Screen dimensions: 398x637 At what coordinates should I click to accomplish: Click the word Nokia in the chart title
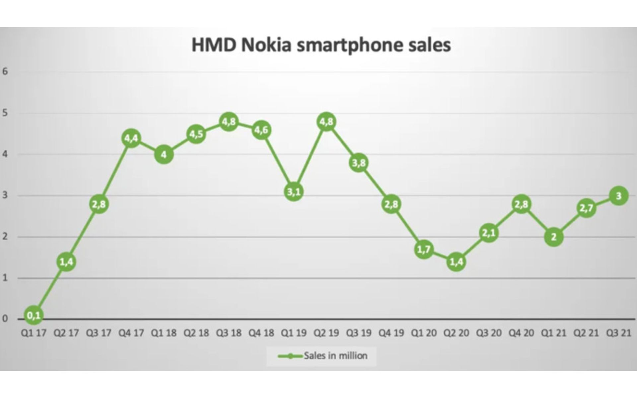click(266, 45)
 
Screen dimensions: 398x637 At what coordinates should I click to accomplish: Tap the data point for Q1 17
click(34, 315)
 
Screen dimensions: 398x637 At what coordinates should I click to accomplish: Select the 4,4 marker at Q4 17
click(131, 138)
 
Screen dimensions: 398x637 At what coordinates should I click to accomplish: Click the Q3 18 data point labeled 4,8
click(229, 122)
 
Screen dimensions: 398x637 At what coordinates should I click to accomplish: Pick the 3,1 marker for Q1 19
click(294, 192)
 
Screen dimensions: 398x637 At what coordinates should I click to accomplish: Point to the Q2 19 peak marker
click(326, 122)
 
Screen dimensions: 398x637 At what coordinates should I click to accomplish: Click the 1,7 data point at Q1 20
click(424, 249)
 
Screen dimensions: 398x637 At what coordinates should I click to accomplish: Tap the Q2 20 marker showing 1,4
click(456, 262)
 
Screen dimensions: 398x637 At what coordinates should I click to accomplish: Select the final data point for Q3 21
click(618, 196)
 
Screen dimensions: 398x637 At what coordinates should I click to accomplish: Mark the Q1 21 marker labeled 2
click(553, 237)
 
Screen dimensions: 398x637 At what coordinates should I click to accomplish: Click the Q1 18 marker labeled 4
click(164, 155)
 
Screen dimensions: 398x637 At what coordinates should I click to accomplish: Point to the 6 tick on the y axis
click(5, 71)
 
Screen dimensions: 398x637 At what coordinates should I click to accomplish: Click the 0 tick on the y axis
click(5, 319)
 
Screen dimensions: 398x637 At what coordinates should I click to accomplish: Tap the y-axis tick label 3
click(5, 195)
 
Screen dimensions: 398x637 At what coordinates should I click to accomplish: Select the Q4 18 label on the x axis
click(261, 333)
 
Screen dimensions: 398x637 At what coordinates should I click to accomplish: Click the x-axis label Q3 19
click(359, 333)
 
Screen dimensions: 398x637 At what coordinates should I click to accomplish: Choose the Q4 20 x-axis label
click(521, 333)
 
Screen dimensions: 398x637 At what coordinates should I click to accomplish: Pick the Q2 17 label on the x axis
click(66, 333)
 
